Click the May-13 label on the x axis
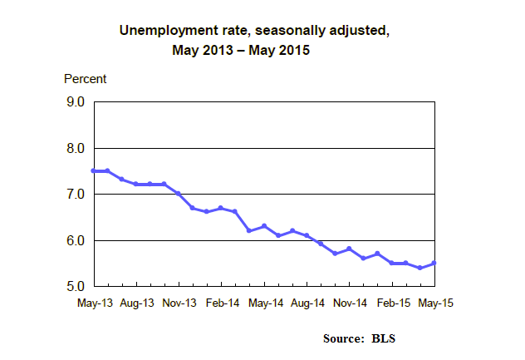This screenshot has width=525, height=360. [93, 304]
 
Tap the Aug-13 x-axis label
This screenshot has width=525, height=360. [136, 304]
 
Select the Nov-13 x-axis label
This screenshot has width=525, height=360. [179, 304]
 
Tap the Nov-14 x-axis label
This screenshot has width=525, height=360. [350, 304]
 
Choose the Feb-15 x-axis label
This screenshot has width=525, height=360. [392, 304]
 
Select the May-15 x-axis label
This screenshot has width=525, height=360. [434, 304]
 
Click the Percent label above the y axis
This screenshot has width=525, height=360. [86, 79]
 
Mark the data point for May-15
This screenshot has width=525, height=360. [434, 263]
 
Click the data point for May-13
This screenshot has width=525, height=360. [94, 170]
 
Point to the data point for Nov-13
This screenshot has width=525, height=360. [179, 194]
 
